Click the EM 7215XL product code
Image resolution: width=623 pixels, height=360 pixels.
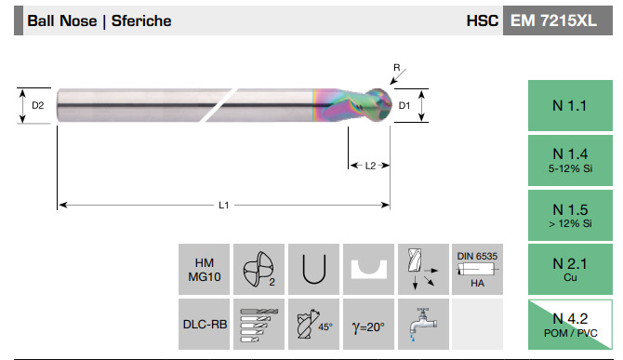(x=553, y=20)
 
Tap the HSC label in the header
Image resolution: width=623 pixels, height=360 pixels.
(x=483, y=20)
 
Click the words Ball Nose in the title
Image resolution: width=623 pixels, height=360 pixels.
(x=62, y=20)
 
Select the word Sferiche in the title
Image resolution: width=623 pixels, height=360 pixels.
(x=141, y=20)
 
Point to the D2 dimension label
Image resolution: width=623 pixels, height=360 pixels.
(x=38, y=105)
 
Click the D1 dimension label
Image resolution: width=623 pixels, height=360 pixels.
(x=404, y=105)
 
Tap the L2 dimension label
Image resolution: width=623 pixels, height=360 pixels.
(x=370, y=166)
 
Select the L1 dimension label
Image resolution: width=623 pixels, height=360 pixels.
(x=224, y=205)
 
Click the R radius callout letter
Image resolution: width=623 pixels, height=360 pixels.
(x=396, y=68)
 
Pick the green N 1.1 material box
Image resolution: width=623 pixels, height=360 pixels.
(x=570, y=105)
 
